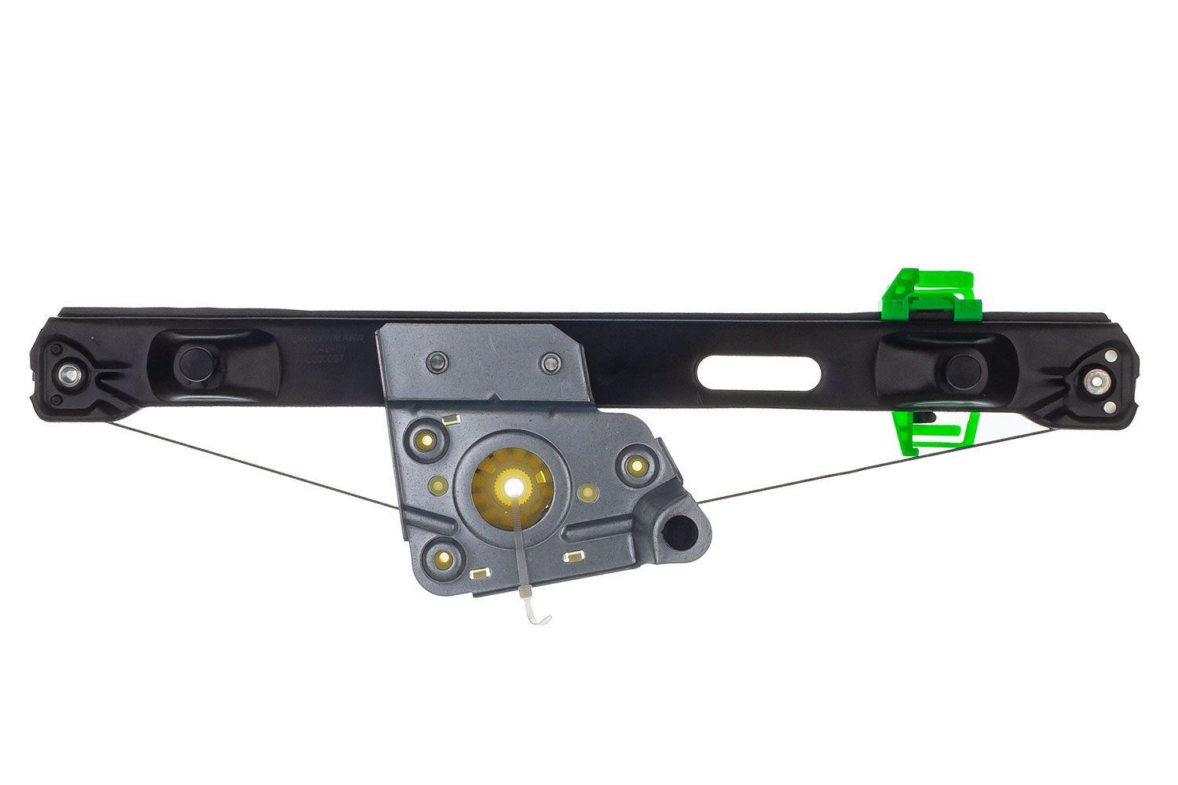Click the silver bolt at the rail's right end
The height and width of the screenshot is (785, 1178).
(1095, 382)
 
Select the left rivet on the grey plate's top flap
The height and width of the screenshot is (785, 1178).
(437, 361)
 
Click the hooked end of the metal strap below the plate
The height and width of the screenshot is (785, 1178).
(540, 619)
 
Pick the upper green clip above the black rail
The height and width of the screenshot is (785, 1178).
(931, 295)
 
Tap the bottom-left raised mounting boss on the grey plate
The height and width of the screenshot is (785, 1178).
(444, 560)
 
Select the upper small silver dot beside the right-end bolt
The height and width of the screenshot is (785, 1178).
(1110, 356)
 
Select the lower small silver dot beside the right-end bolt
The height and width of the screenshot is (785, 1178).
(1110, 407)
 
